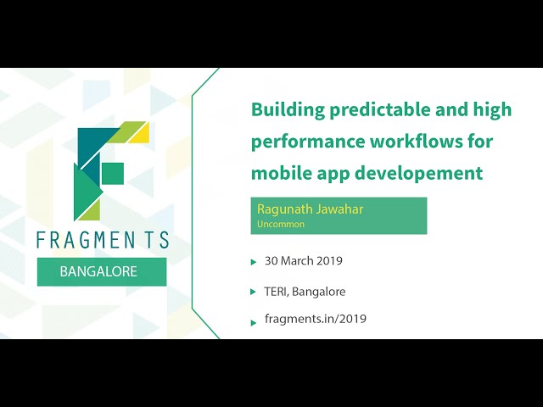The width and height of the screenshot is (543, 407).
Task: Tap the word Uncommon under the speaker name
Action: tap(281, 225)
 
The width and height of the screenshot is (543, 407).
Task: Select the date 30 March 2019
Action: tap(303, 261)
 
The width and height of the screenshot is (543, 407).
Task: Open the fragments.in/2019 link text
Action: tap(315, 319)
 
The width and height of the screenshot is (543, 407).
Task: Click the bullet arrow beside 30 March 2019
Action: tap(254, 262)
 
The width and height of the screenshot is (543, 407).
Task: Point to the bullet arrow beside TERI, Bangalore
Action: tap(254, 292)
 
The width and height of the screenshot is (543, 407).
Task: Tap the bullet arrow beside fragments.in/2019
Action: tap(254, 321)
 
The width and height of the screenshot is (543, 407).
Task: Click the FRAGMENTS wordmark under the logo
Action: tap(102, 240)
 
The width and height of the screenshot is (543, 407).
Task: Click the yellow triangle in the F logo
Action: tap(141, 132)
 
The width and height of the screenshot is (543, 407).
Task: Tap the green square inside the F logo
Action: tap(113, 173)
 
